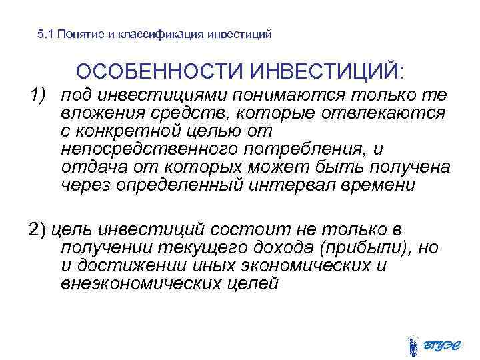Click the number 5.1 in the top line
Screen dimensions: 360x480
[46, 34]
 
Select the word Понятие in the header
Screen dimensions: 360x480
[78, 34]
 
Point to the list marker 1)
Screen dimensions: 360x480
[39, 96]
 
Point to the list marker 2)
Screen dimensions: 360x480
[37, 231]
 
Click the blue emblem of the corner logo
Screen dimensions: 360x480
[415, 346]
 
